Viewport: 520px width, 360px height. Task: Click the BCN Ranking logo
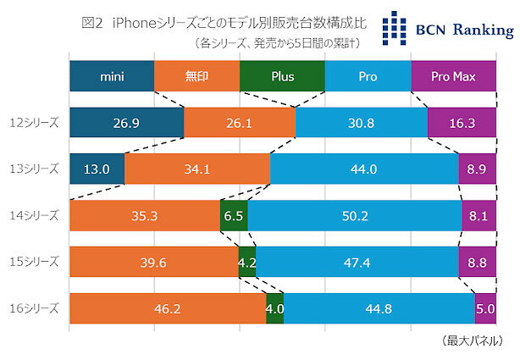click(x=446, y=30)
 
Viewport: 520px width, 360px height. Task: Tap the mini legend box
click(x=112, y=76)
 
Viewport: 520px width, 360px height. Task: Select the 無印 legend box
click(x=197, y=76)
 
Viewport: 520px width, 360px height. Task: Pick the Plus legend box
click(x=282, y=76)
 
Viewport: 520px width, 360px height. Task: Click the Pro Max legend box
click(x=452, y=76)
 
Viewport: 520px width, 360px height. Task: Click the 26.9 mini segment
click(x=126, y=123)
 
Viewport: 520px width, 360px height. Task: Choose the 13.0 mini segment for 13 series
click(x=97, y=169)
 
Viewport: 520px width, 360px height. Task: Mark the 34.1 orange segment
click(x=197, y=169)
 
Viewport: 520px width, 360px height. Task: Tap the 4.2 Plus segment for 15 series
click(x=246, y=263)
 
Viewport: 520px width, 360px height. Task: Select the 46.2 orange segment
click(x=168, y=308)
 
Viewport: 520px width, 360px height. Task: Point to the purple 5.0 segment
click(x=485, y=308)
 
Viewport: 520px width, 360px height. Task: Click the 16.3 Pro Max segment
click(x=461, y=123)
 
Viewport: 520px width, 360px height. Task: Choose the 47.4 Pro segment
click(x=357, y=263)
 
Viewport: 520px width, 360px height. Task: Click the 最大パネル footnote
click(x=473, y=341)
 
